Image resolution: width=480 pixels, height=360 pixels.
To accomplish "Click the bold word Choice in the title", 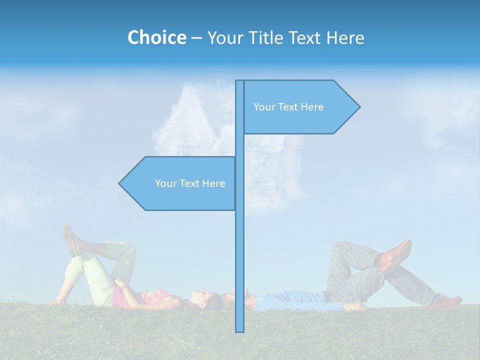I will pyautogui.click(x=156, y=37).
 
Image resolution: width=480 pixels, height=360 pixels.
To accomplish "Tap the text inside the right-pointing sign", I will pyautogui.click(x=288, y=107).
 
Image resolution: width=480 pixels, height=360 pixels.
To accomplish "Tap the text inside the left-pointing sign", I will pyautogui.click(x=190, y=183).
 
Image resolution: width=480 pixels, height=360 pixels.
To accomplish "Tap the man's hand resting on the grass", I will pyautogui.click(x=355, y=306).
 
